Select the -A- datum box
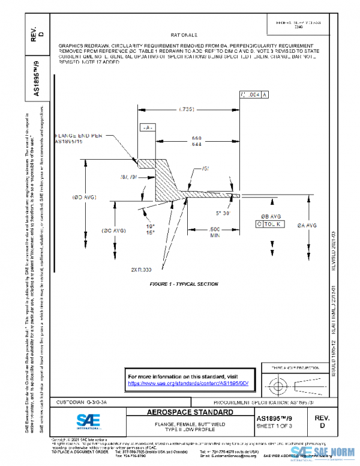pyautogui.click(x=148, y=128)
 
